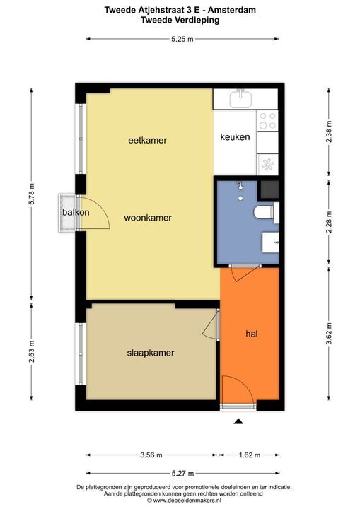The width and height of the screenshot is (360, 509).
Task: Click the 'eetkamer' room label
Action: [x=147, y=140]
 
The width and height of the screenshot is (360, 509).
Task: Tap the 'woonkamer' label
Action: [x=148, y=218]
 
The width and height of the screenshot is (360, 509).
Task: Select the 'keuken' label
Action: [x=235, y=137]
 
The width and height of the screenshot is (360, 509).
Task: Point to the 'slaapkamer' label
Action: [x=151, y=352]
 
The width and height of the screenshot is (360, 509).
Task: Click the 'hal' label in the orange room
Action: [x=251, y=333]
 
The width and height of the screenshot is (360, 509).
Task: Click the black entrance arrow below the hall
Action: [x=238, y=421]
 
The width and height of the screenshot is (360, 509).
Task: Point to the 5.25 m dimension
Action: [x=182, y=38]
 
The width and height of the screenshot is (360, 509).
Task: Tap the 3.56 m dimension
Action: [x=150, y=455]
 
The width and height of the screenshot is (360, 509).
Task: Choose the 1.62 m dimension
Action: [x=247, y=455]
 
